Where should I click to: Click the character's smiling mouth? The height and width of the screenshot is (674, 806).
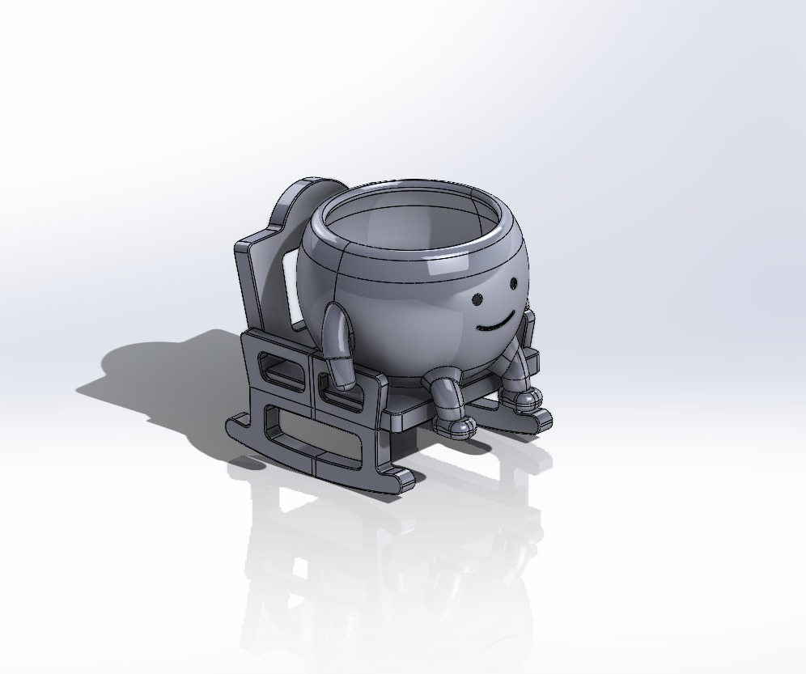(494, 324)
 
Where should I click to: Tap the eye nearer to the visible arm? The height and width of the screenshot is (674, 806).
(478, 300)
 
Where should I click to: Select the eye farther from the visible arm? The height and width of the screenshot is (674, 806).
(513, 284)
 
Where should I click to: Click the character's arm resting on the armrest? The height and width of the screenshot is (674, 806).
(335, 332)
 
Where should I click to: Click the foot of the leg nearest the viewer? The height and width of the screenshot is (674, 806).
(454, 425)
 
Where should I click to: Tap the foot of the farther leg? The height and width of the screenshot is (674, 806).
(527, 398)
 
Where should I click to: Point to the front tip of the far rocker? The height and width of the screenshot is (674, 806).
(542, 421)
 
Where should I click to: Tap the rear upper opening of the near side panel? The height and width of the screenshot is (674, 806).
(282, 369)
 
